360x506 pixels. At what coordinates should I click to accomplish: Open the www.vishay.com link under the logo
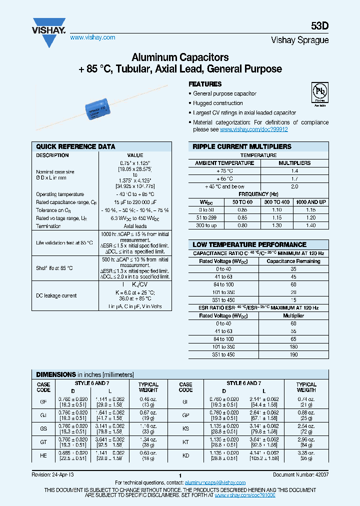point(92,37)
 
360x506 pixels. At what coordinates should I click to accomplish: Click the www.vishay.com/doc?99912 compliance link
point(253,129)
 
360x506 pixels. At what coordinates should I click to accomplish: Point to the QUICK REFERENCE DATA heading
point(75,147)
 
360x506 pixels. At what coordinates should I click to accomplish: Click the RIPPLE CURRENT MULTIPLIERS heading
point(242,147)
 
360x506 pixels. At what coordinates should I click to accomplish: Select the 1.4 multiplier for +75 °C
point(294,171)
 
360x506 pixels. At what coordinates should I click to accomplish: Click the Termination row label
point(48,226)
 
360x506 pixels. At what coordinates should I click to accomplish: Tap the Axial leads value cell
point(134,226)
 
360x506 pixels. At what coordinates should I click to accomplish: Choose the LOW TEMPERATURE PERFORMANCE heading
point(249,244)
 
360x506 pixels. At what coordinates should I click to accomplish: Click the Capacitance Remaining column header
point(293,261)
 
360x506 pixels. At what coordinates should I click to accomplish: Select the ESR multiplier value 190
point(294,354)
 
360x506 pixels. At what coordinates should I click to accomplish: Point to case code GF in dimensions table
point(43,401)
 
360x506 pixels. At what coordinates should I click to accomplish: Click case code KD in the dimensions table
point(185,455)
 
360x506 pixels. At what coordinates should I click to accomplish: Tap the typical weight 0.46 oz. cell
point(148,401)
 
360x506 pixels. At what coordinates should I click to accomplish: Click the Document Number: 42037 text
point(300,475)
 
